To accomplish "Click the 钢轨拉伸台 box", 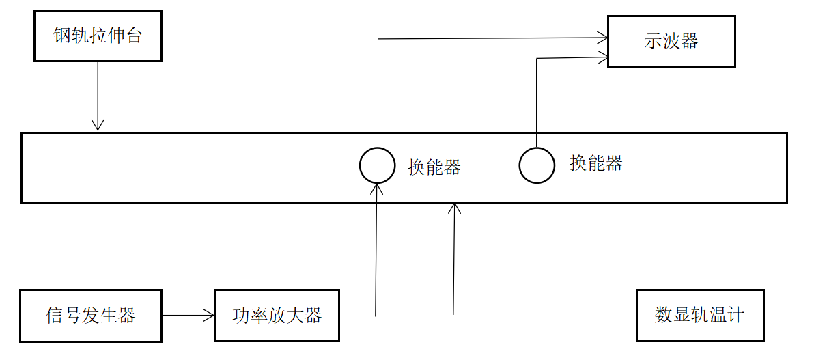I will coord(98,36).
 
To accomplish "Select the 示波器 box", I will coord(671,41).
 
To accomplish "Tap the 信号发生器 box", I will coord(90,316).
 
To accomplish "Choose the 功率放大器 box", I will coord(277,316).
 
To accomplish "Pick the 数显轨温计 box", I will coord(700,315).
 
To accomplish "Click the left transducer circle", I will coord(377,165).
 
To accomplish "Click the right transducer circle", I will coord(537,165).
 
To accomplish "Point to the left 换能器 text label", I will coord(434,167).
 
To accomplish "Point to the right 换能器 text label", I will coord(596,163).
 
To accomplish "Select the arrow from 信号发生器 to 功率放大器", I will coord(188,316).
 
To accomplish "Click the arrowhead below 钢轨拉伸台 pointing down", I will coord(98,124).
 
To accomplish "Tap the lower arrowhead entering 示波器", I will coord(602,58).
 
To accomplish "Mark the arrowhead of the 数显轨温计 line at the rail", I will coord(453,207).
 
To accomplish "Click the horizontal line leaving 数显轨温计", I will coord(546,316).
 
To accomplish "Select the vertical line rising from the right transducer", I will coord(537,102).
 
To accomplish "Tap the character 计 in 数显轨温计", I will coord(736,315).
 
